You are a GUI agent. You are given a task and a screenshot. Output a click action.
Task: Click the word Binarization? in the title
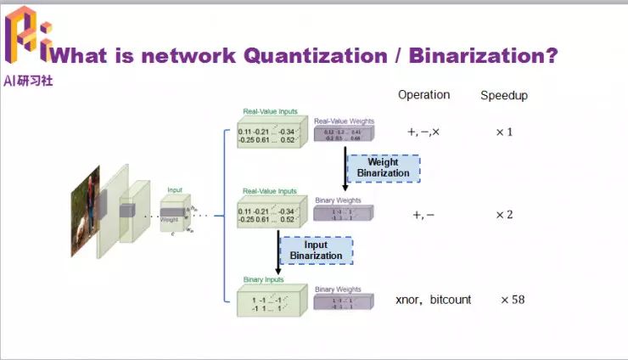483,56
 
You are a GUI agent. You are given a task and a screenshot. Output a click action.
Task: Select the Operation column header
423,94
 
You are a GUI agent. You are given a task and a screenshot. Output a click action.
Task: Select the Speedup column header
504,95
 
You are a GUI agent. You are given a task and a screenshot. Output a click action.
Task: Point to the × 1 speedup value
504,132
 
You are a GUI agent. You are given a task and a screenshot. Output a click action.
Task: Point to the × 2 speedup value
504,214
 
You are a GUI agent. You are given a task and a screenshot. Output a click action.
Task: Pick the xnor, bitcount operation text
433,300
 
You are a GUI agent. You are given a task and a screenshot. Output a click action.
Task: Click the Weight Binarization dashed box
383,167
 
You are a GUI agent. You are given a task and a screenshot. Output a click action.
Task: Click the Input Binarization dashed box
316,250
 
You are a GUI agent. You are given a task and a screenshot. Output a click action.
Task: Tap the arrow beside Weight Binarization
345,168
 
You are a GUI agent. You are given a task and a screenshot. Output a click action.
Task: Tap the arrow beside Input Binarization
278,250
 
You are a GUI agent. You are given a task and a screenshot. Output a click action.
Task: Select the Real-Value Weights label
344,121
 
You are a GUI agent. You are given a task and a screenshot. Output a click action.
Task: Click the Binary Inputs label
264,278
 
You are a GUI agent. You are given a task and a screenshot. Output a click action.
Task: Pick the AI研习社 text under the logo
29,82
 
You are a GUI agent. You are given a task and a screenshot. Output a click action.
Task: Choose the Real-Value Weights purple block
343,135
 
